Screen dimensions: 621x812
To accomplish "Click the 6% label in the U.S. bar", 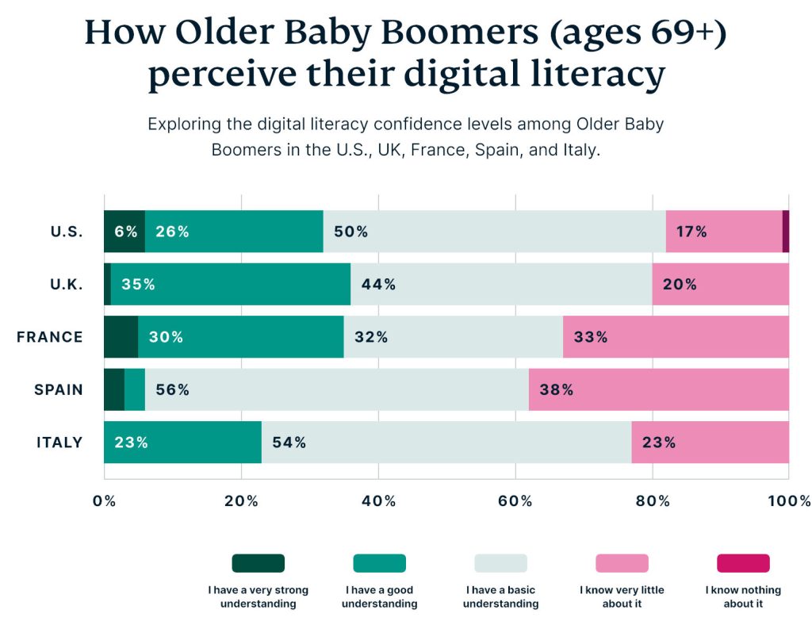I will (x=125, y=232).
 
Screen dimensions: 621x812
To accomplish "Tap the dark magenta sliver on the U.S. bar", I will (x=785, y=232).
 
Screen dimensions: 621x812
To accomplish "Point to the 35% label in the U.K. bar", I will (x=138, y=284).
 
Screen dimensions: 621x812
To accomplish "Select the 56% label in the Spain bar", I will (x=172, y=389).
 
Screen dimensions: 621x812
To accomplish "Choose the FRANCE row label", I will (x=50, y=337).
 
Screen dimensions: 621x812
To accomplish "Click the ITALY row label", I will (x=59, y=443).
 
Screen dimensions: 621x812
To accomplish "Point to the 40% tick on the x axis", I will (x=378, y=501).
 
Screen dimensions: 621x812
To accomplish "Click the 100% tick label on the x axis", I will (x=788, y=501).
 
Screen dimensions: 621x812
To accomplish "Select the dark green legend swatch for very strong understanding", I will (x=259, y=563).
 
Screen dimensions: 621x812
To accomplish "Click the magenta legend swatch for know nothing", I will (x=743, y=563).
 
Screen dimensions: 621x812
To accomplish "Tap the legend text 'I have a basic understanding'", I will (x=500, y=597).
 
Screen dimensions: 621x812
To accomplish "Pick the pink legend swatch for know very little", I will (x=622, y=563).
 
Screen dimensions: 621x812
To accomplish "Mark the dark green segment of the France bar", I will (x=121, y=337).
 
